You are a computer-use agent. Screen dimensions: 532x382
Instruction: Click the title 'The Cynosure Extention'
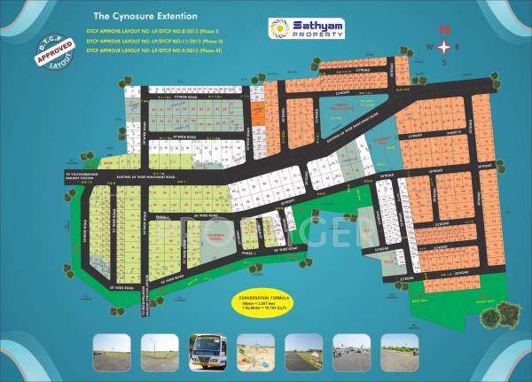[145, 17]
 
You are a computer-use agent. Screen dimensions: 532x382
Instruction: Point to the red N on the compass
[446, 29]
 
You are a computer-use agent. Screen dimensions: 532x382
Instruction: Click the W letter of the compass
[430, 46]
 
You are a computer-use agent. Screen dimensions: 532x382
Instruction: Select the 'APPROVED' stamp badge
[52, 54]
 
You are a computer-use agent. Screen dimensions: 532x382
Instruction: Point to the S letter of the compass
[446, 63]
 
